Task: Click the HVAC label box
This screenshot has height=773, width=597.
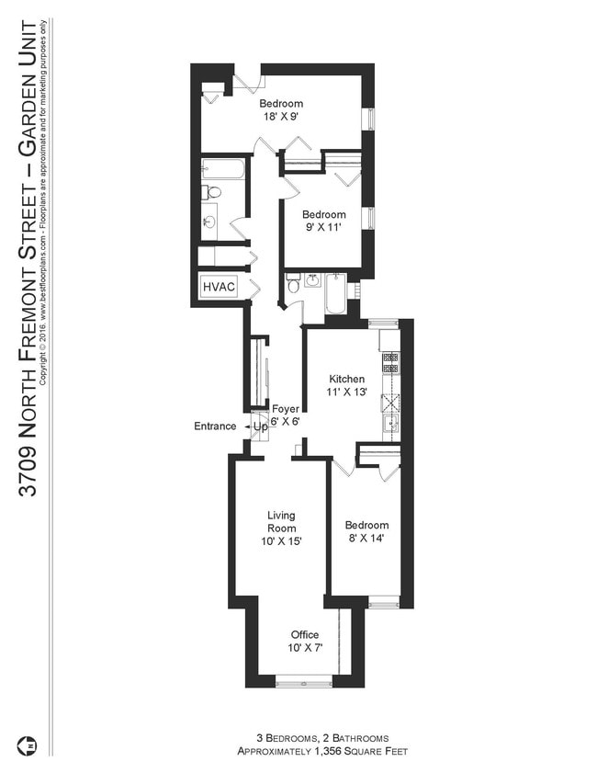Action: point(219,288)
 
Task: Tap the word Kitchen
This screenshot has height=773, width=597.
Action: point(347,379)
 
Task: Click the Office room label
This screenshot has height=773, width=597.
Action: point(305,635)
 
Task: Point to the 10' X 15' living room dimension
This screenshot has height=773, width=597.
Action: point(281,541)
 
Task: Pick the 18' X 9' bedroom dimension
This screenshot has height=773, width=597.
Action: point(280,117)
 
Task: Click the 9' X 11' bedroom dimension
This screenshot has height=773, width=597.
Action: point(325,228)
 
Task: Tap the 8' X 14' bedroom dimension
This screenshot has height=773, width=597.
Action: point(366,539)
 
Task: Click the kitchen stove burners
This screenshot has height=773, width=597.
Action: point(389,362)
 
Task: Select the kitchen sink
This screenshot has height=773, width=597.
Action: point(390,423)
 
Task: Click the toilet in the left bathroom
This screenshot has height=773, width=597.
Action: point(212,193)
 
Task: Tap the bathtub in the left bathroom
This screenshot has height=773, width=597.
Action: point(223,169)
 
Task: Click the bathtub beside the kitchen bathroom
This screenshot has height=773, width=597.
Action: point(336,294)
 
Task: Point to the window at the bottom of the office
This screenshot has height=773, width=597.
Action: point(304,682)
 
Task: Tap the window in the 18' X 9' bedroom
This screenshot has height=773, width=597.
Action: point(370,120)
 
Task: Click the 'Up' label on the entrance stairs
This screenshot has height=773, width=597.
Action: point(261,427)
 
